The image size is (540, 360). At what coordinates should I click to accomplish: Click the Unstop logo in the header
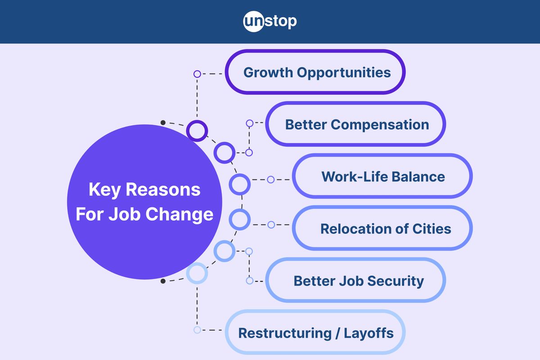point(270,21)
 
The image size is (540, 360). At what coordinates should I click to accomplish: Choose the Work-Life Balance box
point(382,176)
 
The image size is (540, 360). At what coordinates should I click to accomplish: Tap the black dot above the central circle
point(163,122)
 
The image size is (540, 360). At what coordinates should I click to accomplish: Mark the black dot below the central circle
point(163,281)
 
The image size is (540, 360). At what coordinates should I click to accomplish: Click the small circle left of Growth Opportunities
point(197,74)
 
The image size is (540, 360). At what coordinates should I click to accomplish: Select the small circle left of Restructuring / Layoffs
point(197,330)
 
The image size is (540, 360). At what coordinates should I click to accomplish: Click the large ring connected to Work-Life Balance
point(239,184)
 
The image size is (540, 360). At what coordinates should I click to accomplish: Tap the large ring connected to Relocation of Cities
point(239,219)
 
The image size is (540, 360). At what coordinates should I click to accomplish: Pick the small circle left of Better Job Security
point(249,280)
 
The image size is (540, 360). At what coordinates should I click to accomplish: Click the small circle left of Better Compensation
point(249,123)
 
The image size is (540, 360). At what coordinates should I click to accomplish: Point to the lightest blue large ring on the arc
point(197,273)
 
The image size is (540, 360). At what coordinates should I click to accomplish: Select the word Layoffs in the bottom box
point(369,333)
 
